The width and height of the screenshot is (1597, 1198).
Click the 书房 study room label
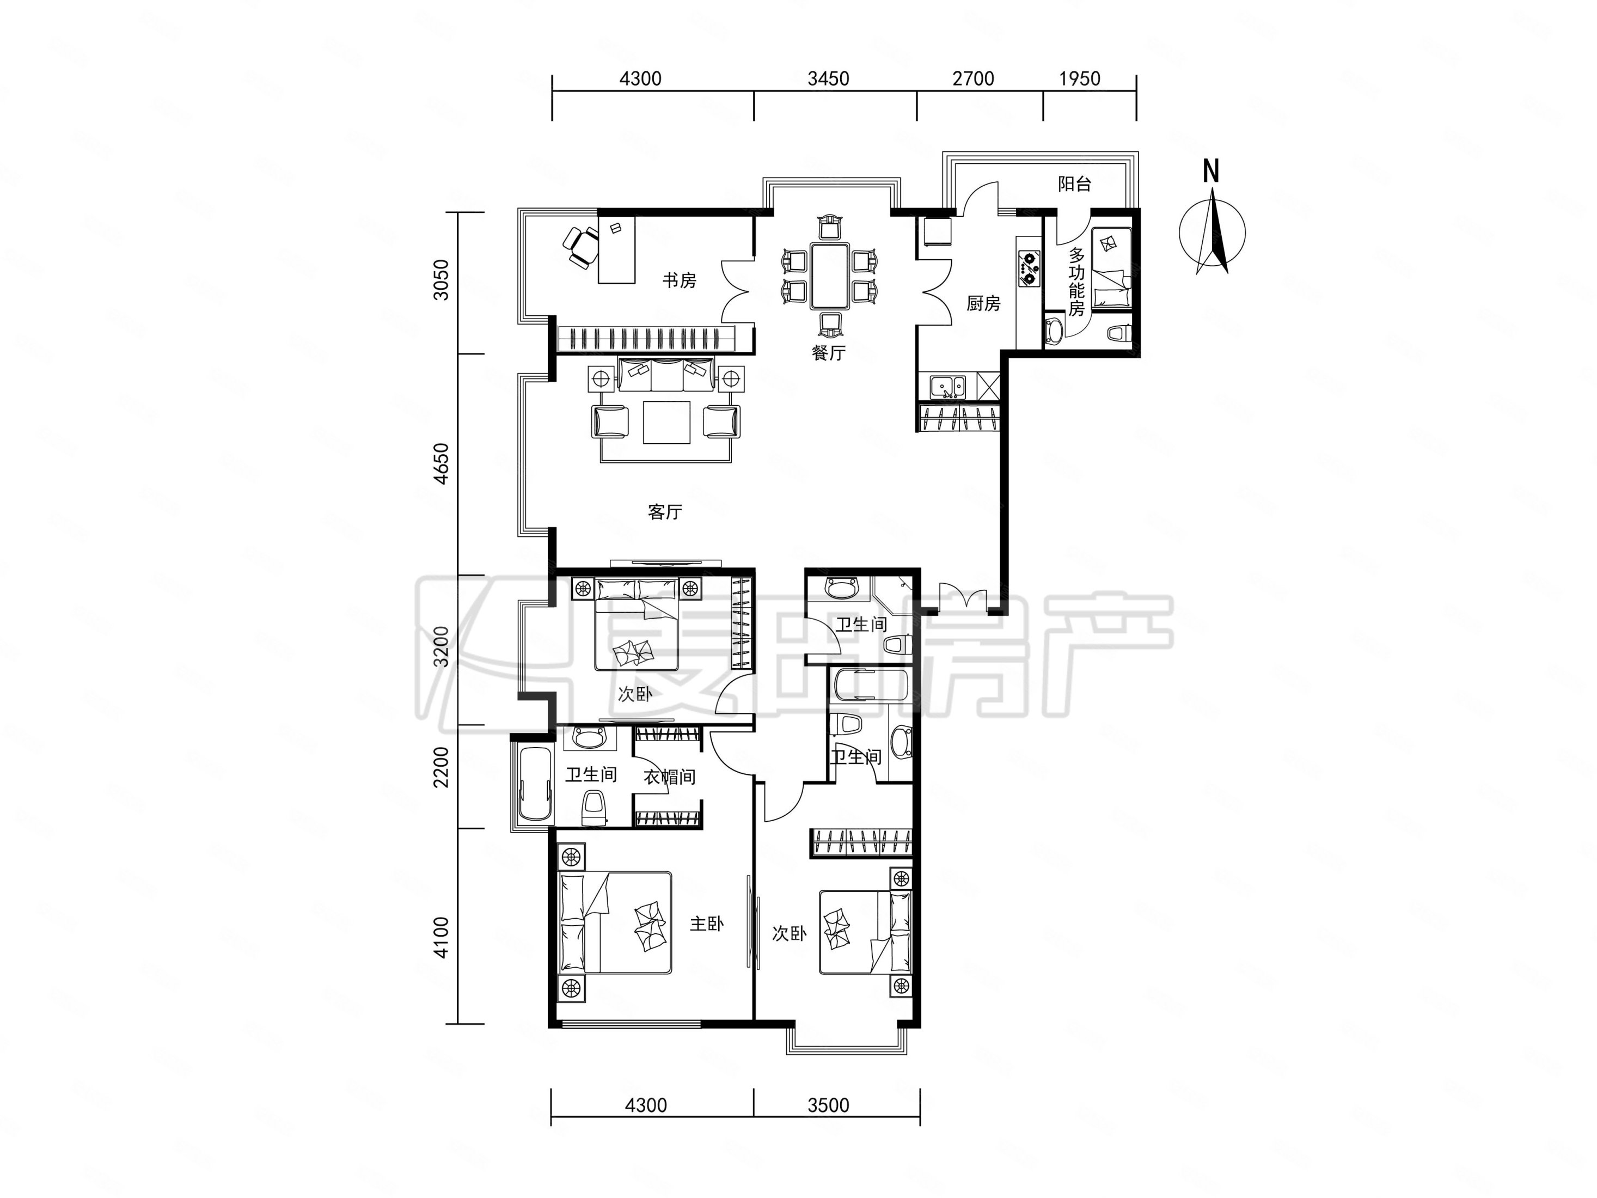pos(680,280)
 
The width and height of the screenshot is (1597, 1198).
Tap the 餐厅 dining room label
pos(828,352)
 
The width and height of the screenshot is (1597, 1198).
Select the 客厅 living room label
pos(665,512)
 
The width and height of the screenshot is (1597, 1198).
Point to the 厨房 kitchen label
pos(983,303)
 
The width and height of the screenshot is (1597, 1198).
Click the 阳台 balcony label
pos(1074,184)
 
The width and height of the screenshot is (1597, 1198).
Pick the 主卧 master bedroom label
pos(706,924)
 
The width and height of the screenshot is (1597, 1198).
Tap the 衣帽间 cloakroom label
pos(669,777)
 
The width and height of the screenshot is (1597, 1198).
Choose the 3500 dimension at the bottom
pos(828,1105)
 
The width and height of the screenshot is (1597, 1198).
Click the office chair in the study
pos(580,247)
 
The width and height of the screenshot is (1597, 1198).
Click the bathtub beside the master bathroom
pos(534,784)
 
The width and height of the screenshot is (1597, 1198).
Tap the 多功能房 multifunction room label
pos(1076,283)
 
